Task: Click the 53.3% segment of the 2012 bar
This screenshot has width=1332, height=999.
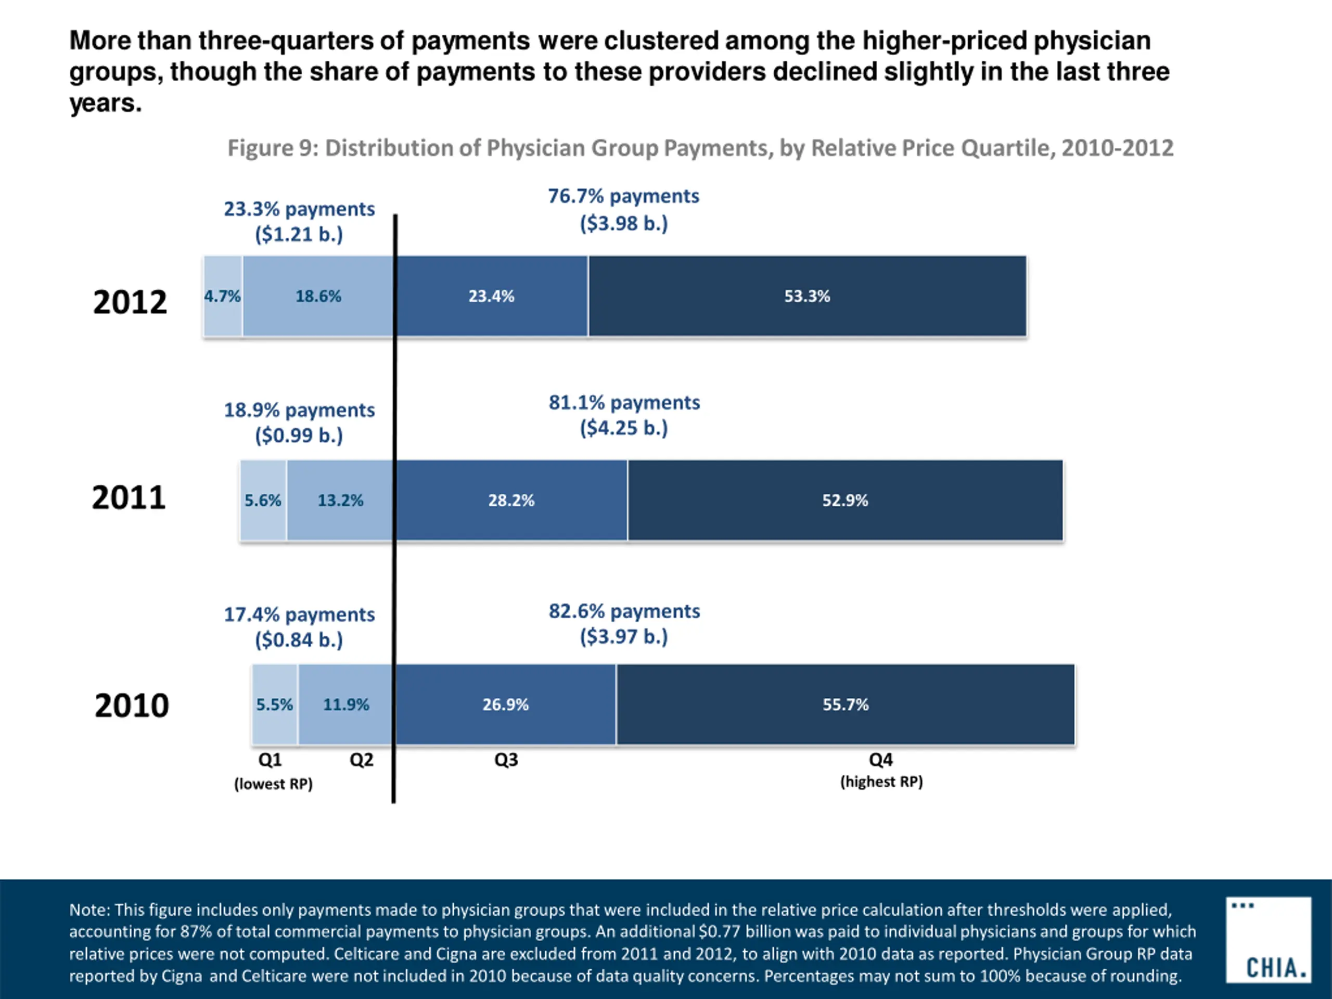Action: pos(807,296)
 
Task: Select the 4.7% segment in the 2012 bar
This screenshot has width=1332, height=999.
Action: pos(222,296)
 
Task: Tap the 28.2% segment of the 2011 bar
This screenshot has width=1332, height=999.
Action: pos(511,501)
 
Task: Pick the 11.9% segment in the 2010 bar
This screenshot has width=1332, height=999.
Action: pos(345,705)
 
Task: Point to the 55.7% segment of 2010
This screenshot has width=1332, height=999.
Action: pos(846,705)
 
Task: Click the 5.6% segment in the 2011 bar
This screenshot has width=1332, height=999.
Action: pos(263,501)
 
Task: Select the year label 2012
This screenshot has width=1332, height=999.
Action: pos(130,302)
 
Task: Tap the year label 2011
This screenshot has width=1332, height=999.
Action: pos(129,498)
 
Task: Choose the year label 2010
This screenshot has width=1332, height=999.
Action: pos(131,706)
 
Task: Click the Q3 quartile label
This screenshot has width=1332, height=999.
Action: pos(506,760)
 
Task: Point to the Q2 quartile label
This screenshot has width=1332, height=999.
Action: pos(361,760)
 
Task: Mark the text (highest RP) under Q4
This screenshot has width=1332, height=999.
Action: pos(881,782)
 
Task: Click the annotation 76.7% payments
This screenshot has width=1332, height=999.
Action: pos(623,196)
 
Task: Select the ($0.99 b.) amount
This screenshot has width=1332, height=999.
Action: pos(299,435)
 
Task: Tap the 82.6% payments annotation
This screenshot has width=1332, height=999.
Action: pos(624,611)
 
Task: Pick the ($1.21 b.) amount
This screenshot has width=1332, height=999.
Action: pos(299,234)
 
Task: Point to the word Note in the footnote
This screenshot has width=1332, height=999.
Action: pos(88,910)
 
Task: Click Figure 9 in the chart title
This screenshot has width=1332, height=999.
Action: pos(272,148)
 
